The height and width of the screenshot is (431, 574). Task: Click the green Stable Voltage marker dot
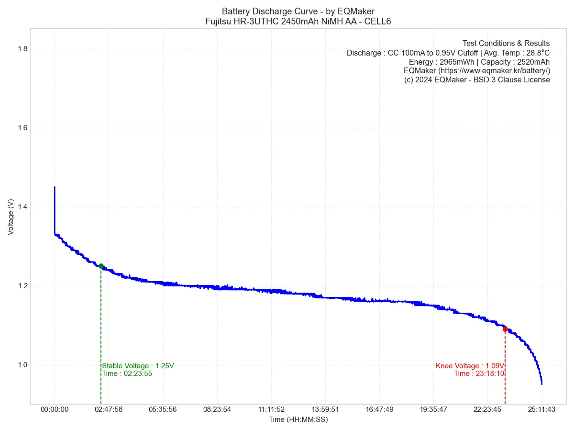[101, 266]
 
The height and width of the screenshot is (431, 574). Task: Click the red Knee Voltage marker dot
[505, 329]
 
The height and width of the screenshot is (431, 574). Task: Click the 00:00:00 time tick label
[55, 409]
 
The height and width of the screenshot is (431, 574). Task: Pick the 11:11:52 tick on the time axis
[271, 409]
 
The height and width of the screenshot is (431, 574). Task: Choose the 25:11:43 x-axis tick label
[542, 409]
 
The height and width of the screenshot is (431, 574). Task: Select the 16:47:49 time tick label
[379, 409]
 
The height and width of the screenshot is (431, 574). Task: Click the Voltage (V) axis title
[11, 217]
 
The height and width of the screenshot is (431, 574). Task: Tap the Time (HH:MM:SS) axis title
[298, 420]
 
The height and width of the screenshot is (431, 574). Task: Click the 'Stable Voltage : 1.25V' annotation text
[138, 366]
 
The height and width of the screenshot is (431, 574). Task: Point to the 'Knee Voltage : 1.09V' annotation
[470, 366]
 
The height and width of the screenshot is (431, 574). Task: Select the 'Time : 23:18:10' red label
[479, 374]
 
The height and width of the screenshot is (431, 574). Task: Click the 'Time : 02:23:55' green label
[127, 374]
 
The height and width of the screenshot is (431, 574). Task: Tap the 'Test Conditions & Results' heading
[506, 43]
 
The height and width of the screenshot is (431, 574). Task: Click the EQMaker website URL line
[476, 70]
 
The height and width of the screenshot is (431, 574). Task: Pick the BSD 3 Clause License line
[477, 80]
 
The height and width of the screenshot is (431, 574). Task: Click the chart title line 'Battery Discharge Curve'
[298, 11]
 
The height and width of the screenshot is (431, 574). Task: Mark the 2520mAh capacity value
[533, 62]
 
